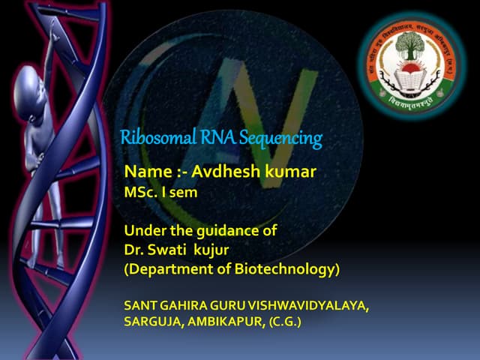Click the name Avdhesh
[x=226, y=172]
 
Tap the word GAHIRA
[x=187, y=305]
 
